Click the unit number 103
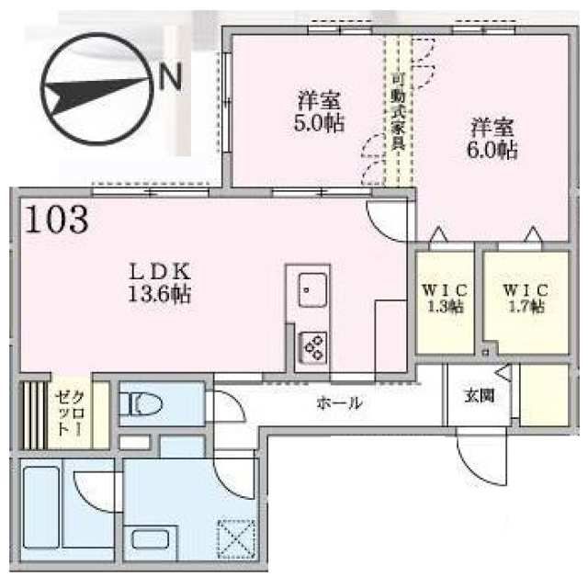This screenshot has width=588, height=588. pos(57,220)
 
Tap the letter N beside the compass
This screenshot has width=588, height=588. pos(171,75)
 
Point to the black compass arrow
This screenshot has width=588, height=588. pos(95,94)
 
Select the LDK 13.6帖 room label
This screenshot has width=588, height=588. pos(160,283)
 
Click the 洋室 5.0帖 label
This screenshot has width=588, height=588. pos(319,112)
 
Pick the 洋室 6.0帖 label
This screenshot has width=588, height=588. pos(492,139)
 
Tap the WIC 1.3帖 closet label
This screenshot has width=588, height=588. pos(445,299)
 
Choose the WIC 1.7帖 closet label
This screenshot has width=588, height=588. pos(526,299)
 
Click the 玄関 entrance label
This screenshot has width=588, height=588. pos(479,396)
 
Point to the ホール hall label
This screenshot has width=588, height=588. pos(340,402)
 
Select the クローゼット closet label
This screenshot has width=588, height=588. pos(70,413)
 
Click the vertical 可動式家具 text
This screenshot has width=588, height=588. pos(398,112)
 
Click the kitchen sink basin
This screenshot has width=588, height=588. pos(312,290)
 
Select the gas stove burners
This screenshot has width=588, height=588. pos(312,347)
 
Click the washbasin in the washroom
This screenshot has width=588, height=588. pos(151,539)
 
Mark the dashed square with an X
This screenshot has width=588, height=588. pos(237,538)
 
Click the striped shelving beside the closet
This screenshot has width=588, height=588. pos(34,415)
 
